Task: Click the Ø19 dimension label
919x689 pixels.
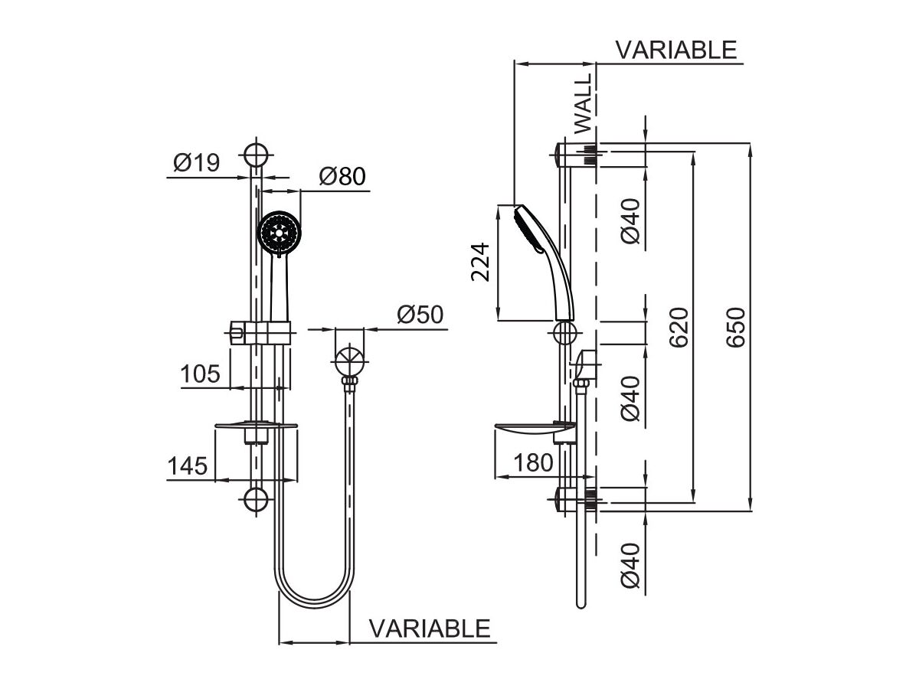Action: click(x=196, y=163)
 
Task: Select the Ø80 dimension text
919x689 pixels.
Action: click(x=342, y=178)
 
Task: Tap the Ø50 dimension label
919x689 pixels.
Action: click(x=420, y=315)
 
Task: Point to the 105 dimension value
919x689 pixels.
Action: click(x=200, y=374)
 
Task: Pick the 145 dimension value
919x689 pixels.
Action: click(x=188, y=465)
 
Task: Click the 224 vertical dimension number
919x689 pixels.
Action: click(x=480, y=262)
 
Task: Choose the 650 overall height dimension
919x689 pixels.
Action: click(x=736, y=328)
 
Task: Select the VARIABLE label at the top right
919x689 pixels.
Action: click(x=676, y=50)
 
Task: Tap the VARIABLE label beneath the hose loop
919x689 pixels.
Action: click(x=430, y=629)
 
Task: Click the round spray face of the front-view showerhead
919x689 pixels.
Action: click(x=278, y=232)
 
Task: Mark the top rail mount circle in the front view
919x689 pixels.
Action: click(x=257, y=153)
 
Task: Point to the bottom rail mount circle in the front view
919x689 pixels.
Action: click(x=257, y=499)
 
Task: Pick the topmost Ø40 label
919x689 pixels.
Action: click(x=630, y=222)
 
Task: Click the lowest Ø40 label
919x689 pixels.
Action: click(x=630, y=566)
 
